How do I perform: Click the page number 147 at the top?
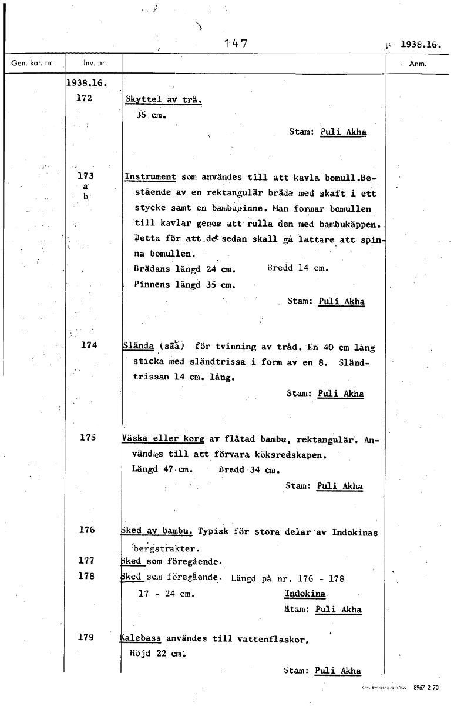click(x=236, y=44)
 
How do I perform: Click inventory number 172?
click(x=85, y=98)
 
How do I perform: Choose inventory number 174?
click(x=89, y=345)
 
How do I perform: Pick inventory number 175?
click(x=88, y=438)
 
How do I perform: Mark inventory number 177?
click(x=87, y=561)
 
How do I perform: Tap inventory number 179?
click(x=86, y=637)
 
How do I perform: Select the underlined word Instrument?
click(x=150, y=176)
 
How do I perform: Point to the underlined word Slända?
click(x=139, y=347)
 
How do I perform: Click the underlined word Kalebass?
click(x=141, y=638)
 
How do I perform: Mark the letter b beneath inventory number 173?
click(x=85, y=197)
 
